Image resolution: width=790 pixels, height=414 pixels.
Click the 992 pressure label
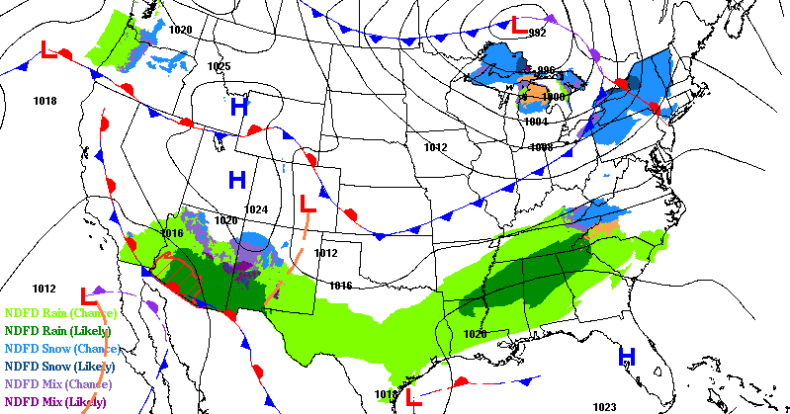537,33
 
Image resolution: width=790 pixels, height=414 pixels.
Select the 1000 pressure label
554,97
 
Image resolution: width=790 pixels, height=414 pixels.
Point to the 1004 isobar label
535,122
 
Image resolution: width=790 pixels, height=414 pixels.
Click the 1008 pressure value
541,147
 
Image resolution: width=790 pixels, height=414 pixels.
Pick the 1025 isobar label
219,66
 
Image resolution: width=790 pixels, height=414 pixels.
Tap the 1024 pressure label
256,209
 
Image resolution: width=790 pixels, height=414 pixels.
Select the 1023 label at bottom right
604,406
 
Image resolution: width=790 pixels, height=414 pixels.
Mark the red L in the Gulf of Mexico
415,399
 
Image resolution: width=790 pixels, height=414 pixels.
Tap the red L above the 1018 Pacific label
48,49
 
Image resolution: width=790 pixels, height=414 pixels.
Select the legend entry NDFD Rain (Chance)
58,313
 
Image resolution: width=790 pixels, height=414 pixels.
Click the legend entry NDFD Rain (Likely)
58,331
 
